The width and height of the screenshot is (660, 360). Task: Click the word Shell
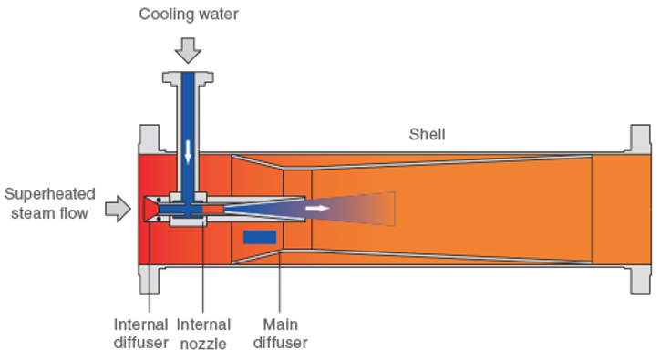[x=427, y=135]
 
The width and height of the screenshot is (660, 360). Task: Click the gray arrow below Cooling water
[x=187, y=47]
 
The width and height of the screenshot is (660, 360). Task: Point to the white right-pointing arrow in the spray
[x=318, y=208]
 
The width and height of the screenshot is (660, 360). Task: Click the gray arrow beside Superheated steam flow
[x=118, y=209]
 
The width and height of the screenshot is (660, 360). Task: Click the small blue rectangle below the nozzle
[x=260, y=237]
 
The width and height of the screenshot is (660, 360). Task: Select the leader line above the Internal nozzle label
[x=203, y=273]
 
